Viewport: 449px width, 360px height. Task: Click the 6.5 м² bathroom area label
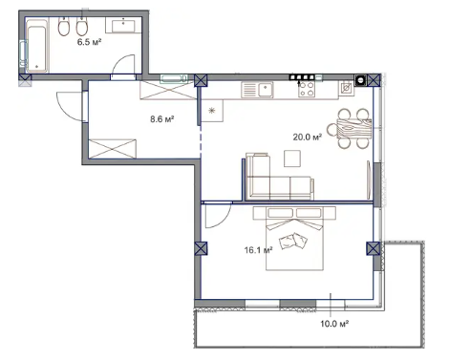coord(89,42)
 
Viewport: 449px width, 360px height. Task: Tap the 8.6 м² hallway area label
coord(162,119)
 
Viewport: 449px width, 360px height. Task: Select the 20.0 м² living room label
coord(307,138)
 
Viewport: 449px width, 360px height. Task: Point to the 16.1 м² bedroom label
coord(258,250)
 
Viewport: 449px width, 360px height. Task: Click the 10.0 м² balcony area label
coord(334,324)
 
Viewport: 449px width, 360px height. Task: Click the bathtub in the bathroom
coord(37,45)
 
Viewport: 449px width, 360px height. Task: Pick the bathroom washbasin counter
coord(123,25)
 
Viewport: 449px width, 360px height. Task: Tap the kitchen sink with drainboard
coord(257,90)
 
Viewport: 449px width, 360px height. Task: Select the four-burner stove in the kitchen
coord(307,89)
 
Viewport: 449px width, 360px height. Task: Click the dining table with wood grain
coord(353,128)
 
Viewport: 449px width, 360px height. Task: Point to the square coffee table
coord(292,159)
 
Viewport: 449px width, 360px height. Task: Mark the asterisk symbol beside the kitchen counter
coord(211,111)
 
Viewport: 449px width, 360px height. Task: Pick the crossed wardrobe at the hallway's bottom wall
coord(112,148)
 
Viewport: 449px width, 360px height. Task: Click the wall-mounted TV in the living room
coord(369,180)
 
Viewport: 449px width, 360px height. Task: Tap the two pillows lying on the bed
coord(293,242)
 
